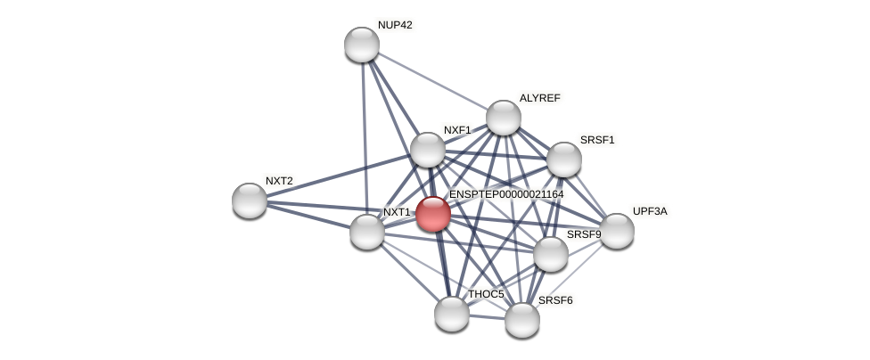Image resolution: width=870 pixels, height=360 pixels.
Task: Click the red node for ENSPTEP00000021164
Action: coord(432,214)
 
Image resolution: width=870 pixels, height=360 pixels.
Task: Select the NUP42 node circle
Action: coord(362,45)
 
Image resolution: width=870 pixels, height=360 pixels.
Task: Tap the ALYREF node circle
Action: coord(503,118)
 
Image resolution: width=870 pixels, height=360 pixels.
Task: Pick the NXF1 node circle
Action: coord(428,150)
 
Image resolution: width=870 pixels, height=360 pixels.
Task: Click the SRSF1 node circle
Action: coord(563,160)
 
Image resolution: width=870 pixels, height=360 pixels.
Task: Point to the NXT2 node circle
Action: coord(250,200)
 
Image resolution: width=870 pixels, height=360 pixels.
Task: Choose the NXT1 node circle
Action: coord(366,232)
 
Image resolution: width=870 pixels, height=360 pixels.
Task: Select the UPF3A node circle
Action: coord(616,231)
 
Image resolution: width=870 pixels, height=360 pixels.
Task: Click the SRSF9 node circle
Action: coord(550,254)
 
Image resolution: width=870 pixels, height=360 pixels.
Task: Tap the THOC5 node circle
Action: coord(452,314)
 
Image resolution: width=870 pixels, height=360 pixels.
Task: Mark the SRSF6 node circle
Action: coord(521,320)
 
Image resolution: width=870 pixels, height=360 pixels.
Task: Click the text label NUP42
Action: coord(395,25)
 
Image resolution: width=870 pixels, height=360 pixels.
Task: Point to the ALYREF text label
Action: coord(540,98)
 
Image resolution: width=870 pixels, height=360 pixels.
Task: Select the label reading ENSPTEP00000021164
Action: coord(506,194)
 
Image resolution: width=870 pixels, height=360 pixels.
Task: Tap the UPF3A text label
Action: coord(650,211)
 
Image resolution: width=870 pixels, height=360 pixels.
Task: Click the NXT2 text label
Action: coord(279,181)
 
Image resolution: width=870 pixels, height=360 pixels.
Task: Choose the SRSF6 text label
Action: coord(555,300)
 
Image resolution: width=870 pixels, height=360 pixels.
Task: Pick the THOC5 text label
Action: coord(486,294)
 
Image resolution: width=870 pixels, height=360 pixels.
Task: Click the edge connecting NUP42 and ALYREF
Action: coord(432,81)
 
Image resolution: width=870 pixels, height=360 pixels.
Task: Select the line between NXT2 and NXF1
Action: coord(339,175)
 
